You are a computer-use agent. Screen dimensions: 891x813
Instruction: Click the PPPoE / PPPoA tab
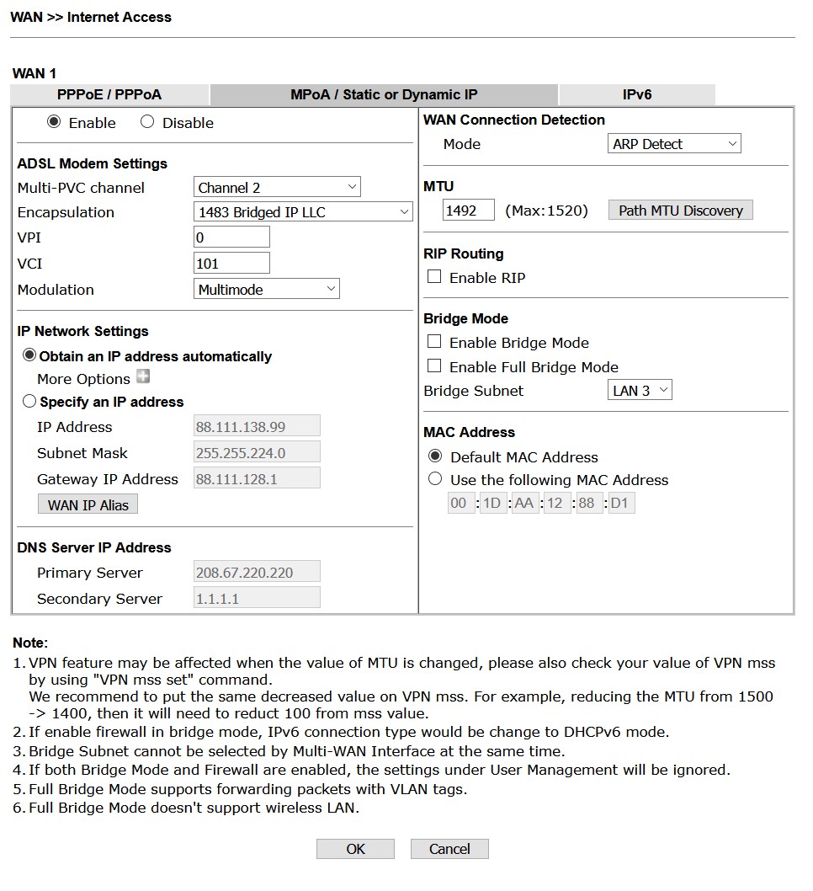pyautogui.click(x=109, y=94)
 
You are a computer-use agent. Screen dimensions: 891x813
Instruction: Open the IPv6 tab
pyautogui.click(x=637, y=94)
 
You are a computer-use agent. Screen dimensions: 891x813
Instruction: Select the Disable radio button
pyautogui.click(x=148, y=122)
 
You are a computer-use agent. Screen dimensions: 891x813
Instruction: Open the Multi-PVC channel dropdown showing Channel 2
pyautogui.click(x=277, y=187)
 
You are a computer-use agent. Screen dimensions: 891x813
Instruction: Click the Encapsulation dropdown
pyautogui.click(x=303, y=212)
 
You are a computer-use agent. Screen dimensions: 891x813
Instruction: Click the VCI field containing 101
pyautogui.click(x=231, y=263)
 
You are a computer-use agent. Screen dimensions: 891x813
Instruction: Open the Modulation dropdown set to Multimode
pyautogui.click(x=267, y=289)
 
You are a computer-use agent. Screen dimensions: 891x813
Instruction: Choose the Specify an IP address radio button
pyautogui.click(x=30, y=402)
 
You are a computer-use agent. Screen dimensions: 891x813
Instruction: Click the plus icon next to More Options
pyautogui.click(x=143, y=377)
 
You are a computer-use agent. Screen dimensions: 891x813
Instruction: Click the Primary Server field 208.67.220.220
pyautogui.click(x=257, y=573)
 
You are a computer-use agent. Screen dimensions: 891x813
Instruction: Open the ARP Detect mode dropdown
pyautogui.click(x=674, y=144)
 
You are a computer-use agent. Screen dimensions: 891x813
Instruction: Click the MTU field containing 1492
pyautogui.click(x=468, y=211)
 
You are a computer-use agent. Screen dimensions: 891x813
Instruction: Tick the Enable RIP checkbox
pyautogui.click(x=434, y=277)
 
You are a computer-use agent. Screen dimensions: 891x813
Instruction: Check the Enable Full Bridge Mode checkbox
pyautogui.click(x=434, y=366)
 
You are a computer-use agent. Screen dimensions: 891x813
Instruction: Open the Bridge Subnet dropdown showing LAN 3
pyautogui.click(x=640, y=390)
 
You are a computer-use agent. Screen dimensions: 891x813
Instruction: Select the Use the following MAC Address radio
pyautogui.click(x=435, y=479)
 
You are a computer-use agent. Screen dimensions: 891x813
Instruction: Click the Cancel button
pyautogui.click(x=449, y=849)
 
